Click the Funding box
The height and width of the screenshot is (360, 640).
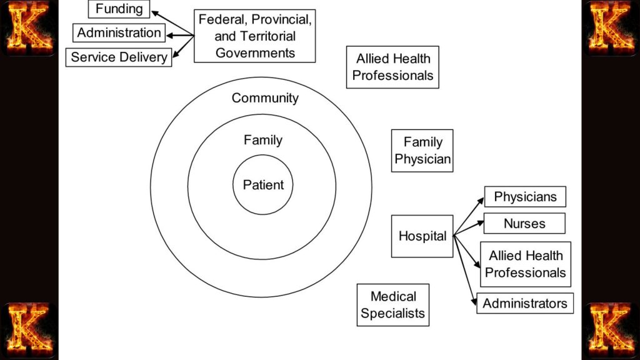click(119, 9)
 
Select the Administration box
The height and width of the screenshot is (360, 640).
click(119, 32)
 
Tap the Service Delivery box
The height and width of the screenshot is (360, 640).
click(119, 57)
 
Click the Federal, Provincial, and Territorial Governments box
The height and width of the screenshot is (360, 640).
click(254, 36)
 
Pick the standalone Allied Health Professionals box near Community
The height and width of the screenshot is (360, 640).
click(392, 67)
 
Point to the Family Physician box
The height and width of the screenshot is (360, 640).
click(422, 151)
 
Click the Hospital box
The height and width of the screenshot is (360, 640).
click(422, 236)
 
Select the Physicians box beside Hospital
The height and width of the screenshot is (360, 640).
click(525, 197)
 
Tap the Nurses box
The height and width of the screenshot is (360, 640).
click(524, 223)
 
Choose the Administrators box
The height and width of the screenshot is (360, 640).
click(524, 303)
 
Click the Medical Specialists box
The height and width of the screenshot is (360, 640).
click(392, 304)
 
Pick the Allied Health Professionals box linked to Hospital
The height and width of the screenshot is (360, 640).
click(525, 264)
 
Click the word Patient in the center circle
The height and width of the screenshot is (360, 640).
click(263, 185)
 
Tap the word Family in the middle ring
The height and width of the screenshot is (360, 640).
click(262, 140)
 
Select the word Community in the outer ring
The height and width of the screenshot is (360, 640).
click(265, 98)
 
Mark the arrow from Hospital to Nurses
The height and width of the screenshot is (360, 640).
click(469, 228)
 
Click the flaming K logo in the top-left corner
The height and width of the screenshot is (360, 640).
click(29, 27)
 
